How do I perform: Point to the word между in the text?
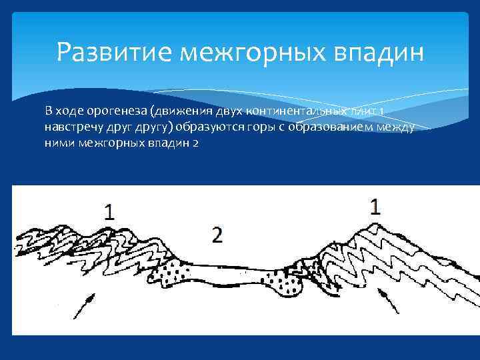(x=396, y=127)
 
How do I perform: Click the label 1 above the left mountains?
(x=109, y=212)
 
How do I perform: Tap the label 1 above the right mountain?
(x=375, y=207)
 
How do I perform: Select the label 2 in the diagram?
(x=216, y=235)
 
